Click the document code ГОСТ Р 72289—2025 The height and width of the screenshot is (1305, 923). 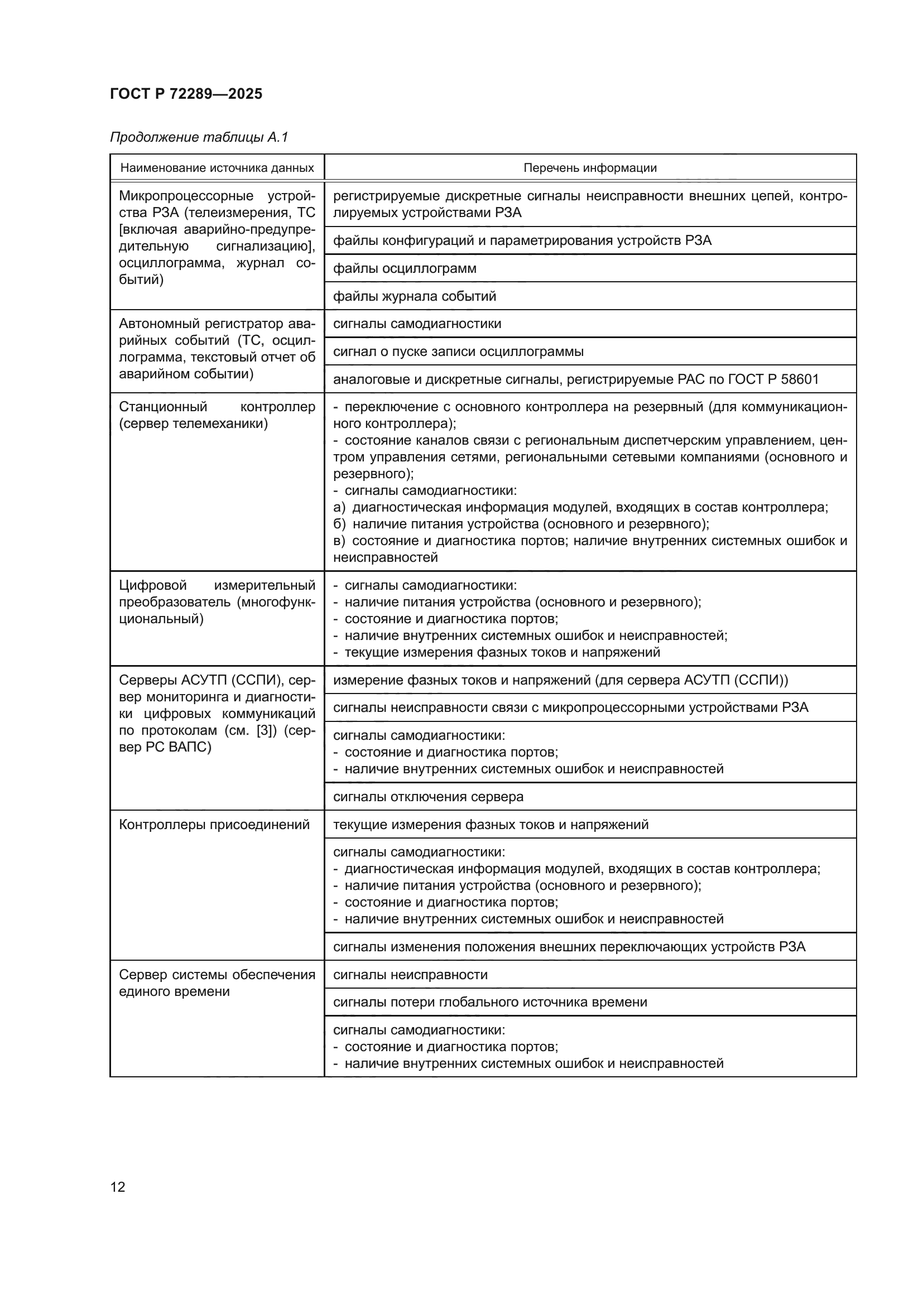[x=186, y=94]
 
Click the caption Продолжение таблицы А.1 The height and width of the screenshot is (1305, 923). [x=199, y=137]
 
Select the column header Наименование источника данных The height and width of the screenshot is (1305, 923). [x=217, y=168]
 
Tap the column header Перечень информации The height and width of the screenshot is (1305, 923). [x=589, y=168]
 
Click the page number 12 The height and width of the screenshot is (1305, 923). [x=118, y=1187]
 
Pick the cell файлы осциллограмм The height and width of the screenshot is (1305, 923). [x=405, y=268]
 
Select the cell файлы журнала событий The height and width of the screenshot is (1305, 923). [x=414, y=296]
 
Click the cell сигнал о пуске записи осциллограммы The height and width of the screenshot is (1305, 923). [x=458, y=351]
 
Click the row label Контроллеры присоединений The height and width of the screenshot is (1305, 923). [x=214, y=825]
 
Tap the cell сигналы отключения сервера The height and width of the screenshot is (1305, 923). [x=428, y=797]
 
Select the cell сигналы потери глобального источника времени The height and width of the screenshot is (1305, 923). [x=490, y=1002]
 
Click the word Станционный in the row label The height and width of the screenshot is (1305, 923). [x=162, y=407]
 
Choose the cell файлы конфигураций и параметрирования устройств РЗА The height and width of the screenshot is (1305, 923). [x=522, y=240]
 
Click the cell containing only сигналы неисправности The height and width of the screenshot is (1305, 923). [x=410, y=975]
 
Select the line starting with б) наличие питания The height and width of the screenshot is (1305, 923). [x=521, y=524]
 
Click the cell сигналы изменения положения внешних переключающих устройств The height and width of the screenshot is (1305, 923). [x=569, y=947]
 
